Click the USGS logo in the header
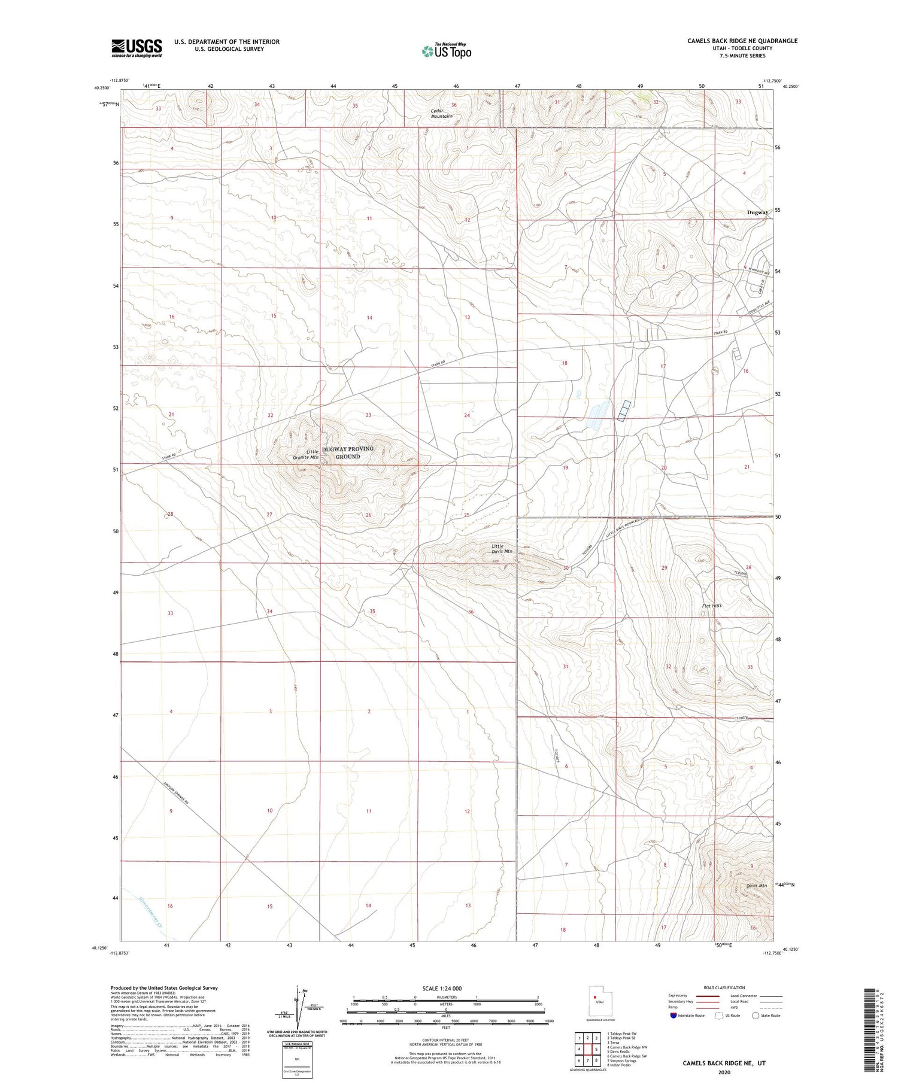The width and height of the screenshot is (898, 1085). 136,48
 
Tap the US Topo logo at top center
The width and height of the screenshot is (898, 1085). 446,51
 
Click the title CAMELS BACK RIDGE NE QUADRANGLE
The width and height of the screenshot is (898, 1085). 742,41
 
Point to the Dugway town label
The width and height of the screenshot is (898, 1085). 757,212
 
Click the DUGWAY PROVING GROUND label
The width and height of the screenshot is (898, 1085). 348,452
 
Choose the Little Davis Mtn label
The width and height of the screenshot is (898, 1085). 502,548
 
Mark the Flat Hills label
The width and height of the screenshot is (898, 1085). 712,606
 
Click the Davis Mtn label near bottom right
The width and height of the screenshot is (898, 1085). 756,886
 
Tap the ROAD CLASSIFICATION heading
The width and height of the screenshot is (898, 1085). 724,987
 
